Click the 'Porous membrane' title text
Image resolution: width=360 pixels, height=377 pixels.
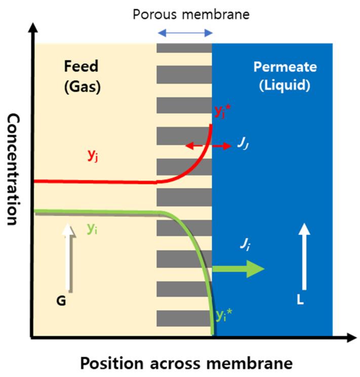[x=191, y=14]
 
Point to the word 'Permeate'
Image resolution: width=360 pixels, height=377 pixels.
[x=285, y=67]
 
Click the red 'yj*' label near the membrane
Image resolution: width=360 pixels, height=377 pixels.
[x=219, y=112]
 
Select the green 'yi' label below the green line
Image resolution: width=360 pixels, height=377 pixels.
[x=92, y=228]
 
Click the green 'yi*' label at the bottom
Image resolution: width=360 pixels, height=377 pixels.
[x=221, y=316]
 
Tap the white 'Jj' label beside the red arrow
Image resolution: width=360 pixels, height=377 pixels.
[x=242, y=145]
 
